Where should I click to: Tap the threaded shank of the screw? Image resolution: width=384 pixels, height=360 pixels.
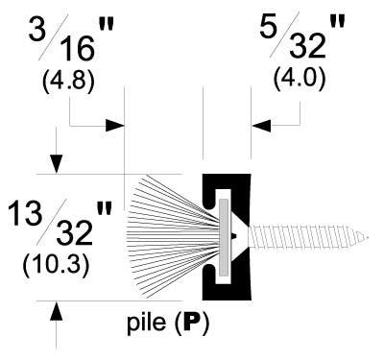[x=317, y=236]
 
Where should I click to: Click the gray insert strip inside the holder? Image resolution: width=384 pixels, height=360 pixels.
[x=224, y=236]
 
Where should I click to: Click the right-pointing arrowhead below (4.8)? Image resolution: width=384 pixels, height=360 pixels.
[x=117, y=125]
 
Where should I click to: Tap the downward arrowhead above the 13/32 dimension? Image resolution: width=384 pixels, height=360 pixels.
[x=59, y=165]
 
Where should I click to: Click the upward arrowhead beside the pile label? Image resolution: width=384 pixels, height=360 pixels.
[x=59, y=310]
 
